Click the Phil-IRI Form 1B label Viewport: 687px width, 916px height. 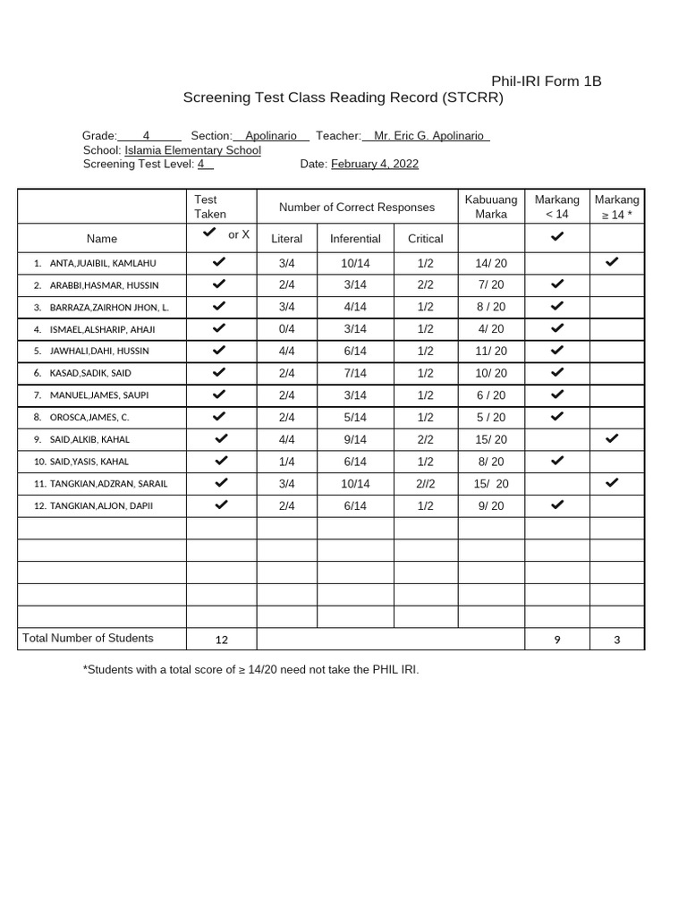(546, 81)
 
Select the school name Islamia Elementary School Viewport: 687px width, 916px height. (192, 150)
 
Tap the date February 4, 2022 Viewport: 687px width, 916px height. (374, 164)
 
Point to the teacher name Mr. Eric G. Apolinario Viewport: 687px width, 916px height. (428, 136)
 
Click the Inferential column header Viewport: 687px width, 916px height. (355, 239)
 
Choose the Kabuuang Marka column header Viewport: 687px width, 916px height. (491, 207)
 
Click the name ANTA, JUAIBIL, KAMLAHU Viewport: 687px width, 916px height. (103, 263)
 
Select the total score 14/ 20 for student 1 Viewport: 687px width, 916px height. (491, 263)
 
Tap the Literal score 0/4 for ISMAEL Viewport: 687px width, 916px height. (286, 329)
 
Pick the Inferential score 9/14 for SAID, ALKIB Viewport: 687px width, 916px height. (355, 439)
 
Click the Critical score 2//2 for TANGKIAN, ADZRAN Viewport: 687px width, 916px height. (425, 484)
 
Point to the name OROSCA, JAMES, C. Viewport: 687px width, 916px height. (89, 418)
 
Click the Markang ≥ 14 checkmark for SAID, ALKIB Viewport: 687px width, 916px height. (612, 438)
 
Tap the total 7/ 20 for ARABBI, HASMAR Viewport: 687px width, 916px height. (491, 284)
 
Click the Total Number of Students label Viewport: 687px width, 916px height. (88, 638)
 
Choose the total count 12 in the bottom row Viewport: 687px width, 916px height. (222, 640)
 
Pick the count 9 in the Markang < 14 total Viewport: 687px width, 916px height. (557, 640)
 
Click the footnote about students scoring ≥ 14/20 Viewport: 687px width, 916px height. (250, 669)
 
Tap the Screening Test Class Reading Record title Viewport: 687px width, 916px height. (343, 98)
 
